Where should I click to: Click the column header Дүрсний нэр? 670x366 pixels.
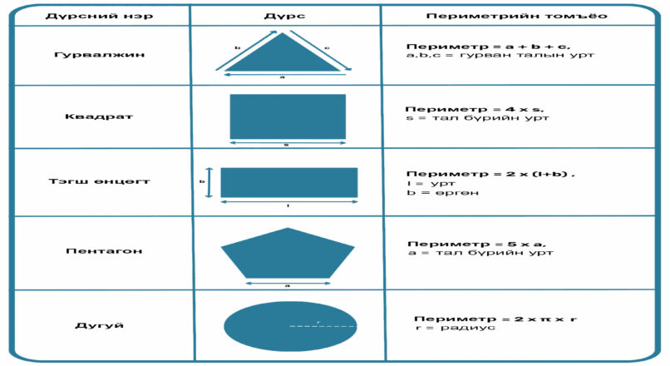[x=99, y=17]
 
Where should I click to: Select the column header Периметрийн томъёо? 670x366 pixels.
[x=516, y=17]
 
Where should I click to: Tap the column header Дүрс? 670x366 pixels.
[x=284, y=17]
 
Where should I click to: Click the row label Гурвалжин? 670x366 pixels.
[x=99, y=55]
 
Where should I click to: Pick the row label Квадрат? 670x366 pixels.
[x=99, y=116]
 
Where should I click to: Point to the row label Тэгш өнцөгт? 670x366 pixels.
[x=99, y=181]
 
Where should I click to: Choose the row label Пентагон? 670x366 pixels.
[x=104, y=251]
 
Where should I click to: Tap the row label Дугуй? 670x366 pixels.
[x=100, y=325]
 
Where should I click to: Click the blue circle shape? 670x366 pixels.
[x=290, y=326]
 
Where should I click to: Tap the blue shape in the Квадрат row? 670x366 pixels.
[x=288, y=116]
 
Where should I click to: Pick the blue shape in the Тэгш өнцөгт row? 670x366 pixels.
[x=288, y=182]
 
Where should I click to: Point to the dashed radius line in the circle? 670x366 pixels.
[x=323, y=326]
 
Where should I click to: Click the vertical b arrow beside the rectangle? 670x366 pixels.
[x=209, y=182]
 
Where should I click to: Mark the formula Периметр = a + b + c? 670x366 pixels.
[x=488, y=47]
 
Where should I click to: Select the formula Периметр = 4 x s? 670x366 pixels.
[x=475, y=109]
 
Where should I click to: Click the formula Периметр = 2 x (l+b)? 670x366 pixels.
[x=490, y=174]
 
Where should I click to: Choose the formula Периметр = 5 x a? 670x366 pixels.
[x=476, y=244]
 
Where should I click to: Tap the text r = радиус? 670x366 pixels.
[x=455, y=328]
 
